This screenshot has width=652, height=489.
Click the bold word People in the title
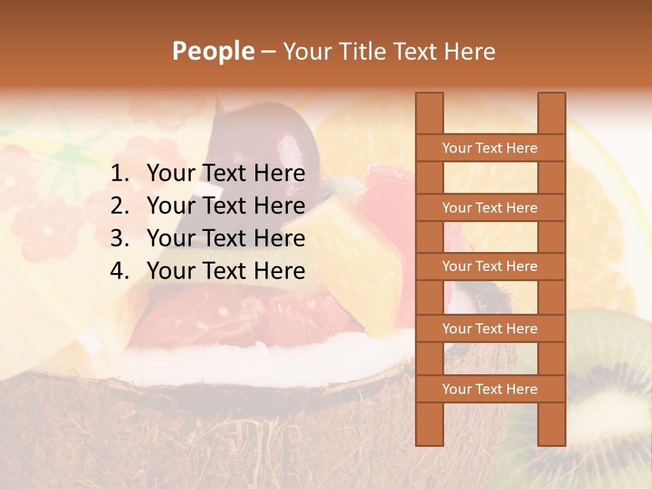point(213,51)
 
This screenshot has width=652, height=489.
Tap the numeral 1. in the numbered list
point(120,174)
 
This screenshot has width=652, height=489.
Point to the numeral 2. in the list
point(120,206)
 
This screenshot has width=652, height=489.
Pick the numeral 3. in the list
point(120,238)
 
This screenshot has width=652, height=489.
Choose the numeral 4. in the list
point(120,271)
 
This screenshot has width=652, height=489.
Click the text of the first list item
point(225,174)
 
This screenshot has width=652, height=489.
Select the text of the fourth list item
point(225,271)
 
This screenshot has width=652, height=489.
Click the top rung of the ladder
point(490,148)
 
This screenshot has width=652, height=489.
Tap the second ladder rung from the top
point(490,208)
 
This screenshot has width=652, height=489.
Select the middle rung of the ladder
point(490,267)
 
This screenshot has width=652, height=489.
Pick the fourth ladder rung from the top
point(490,329)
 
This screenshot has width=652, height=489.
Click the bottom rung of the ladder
point(490,389)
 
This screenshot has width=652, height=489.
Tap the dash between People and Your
point(268,52)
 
